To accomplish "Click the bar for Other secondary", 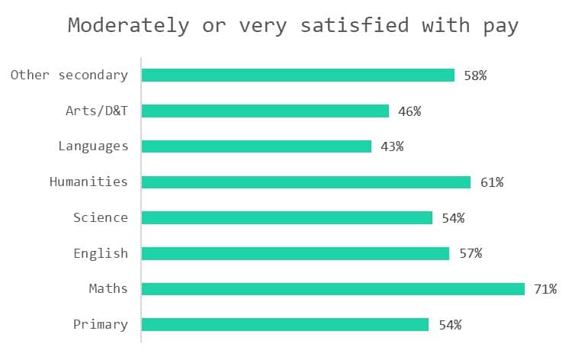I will coord(298,75).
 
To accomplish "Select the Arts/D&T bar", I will coord(265,111).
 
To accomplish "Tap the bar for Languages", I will coord(256,146).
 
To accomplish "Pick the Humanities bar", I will coord(306,182).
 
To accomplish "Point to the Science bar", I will coord(287,217).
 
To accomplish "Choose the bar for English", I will coord(295,253).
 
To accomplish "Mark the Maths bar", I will coord(333,289).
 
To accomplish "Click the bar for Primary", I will coord(285,324).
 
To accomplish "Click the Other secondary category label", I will coord(69,75).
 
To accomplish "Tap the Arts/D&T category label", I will coord(97,111).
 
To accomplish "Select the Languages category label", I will coord(93,146).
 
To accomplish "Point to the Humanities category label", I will coord(88,182).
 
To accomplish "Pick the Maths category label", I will coord(108,289).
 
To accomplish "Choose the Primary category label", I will coord(101,324).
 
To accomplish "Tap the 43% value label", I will coord(392,146).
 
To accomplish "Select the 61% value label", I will coord(492,182).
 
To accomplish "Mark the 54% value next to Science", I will coord(453,217).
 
